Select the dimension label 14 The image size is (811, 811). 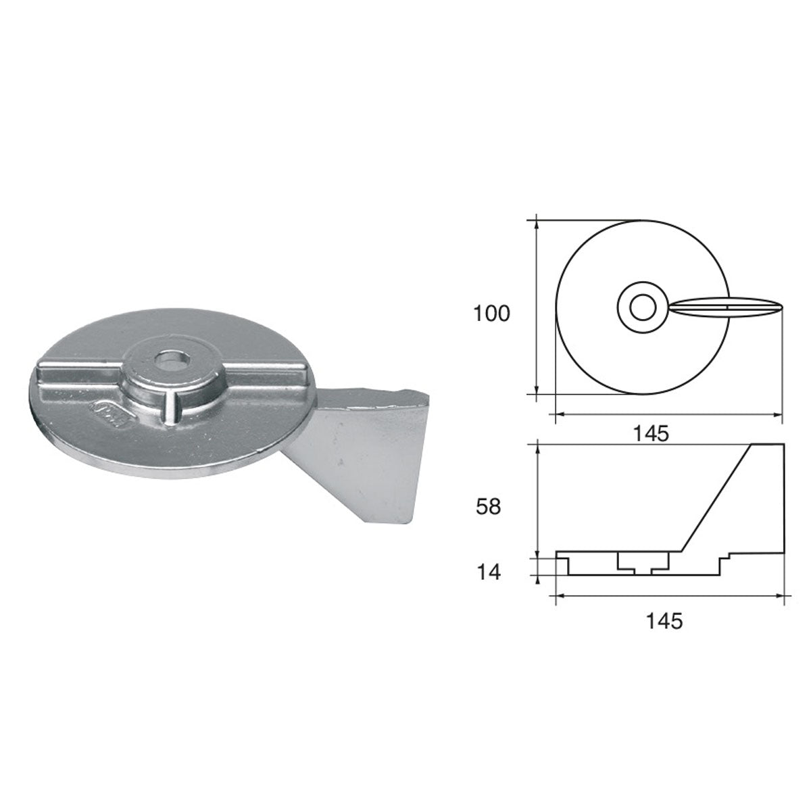489,572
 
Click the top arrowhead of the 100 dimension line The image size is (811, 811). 537,221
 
